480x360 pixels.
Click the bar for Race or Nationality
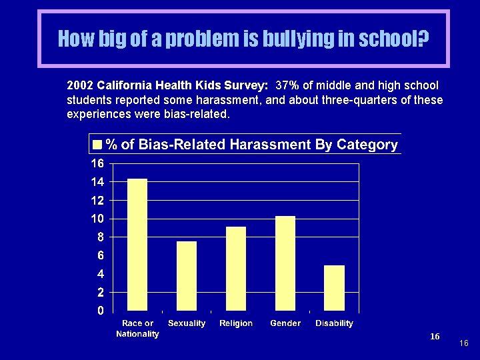137,245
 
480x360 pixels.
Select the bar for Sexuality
187,276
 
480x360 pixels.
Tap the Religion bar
236,269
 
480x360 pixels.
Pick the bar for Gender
285,263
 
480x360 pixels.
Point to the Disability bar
335,288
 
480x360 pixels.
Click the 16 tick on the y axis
97,163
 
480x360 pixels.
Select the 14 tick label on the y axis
97,182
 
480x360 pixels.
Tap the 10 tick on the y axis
97,219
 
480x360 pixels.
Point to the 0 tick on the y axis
100,311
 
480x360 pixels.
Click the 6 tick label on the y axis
100,255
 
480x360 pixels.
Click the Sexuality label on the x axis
187,323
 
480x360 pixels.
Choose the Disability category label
335,323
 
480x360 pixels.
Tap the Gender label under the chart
285,323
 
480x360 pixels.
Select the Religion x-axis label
236,323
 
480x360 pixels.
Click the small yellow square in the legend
97,145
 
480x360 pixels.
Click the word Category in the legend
367,145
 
